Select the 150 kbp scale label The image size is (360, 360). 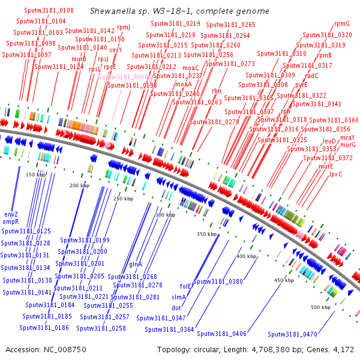[37, 175]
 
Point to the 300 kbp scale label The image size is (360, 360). [165, 215]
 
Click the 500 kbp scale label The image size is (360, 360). [320, 307]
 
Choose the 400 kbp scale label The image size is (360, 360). [246, 256]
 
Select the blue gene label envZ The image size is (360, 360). [11, 214]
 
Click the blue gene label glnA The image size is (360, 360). [136, 264]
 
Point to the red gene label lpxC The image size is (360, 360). [336, 175]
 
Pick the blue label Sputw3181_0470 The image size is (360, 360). [293, 334]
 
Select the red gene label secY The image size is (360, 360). [116, 50]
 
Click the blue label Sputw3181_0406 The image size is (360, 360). [221, 334]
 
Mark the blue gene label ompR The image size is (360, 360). [11, 222]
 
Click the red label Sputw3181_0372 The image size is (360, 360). [328, 158]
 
